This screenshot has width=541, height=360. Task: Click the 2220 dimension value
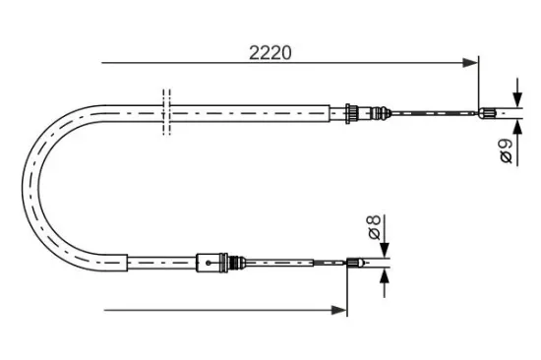(272, 53)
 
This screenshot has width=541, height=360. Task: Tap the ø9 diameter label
(504, 150)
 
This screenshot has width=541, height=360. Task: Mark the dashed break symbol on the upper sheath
(165, 110)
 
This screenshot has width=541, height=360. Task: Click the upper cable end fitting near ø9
(487, 114)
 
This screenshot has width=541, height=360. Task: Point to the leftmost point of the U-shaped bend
(26, 188)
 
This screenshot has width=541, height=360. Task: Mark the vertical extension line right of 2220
(478, 84)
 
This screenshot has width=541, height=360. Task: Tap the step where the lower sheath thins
(127, 262)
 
